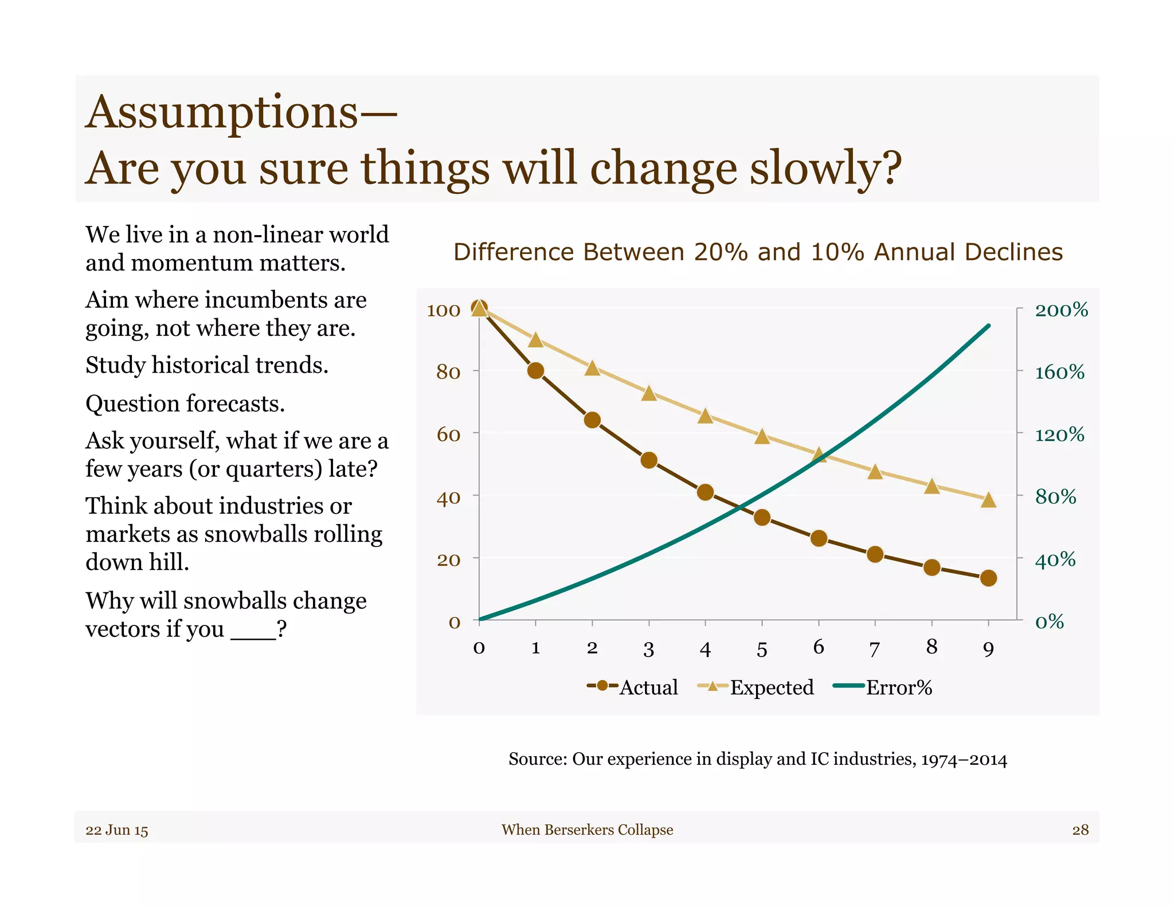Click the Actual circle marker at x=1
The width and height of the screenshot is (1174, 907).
pyautogui.click(x=535, y=370)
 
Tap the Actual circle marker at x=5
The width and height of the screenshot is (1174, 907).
pyautogui.click(x=762, y=518)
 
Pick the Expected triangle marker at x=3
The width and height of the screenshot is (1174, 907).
pyautogui.click(x=649, y=393)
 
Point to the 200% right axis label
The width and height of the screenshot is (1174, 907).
pyautogui.click(x=1061, y=310)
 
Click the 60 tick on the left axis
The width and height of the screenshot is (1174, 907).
pyautogui.click(x=448, y=435)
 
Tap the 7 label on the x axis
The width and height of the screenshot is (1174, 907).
pyautogui.click(x=874, y=649)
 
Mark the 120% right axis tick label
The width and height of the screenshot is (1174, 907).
pyautogui.click(x=1059, y=435)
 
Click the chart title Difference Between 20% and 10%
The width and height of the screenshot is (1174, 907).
pyautogui.click(x=758, y=252)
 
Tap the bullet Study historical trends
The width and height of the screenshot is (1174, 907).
pyautogui.click(x=207, y=365)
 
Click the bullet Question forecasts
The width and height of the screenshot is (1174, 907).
pyautogui.click(x=185, y=404)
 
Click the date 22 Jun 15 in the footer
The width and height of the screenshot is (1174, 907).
pyautogui.click(x=117, y=830)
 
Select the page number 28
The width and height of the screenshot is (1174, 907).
pyautogui.click(x=1080, y=830)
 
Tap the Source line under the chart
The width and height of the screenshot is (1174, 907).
pyautogui.click(x=757, y=759)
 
